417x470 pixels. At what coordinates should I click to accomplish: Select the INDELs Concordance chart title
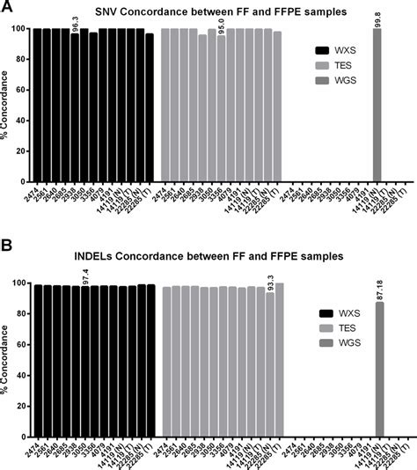[x=208, y=256]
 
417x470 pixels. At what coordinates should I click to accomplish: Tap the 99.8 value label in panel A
[x=377, y=17]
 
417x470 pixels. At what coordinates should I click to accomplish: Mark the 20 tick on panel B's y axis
[x=25, y=404]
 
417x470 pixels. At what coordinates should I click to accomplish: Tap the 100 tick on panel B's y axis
[x=22, y=283]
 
